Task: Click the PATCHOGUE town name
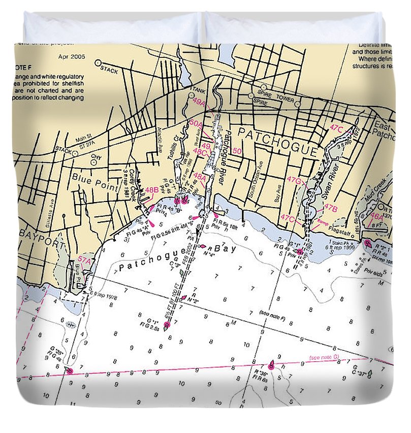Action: pyautogui.click(x=278, y=142)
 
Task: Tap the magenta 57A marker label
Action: pyautogui.click(x=84, y=261)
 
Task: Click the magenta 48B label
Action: pyautogui.click(x=151, y=190)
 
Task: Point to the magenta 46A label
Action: pyautogui.click(x=376, y=217)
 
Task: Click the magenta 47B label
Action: pyautogui.click(x=331, y=208)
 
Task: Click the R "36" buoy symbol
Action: pyautogui.click(x=271, y=365)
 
